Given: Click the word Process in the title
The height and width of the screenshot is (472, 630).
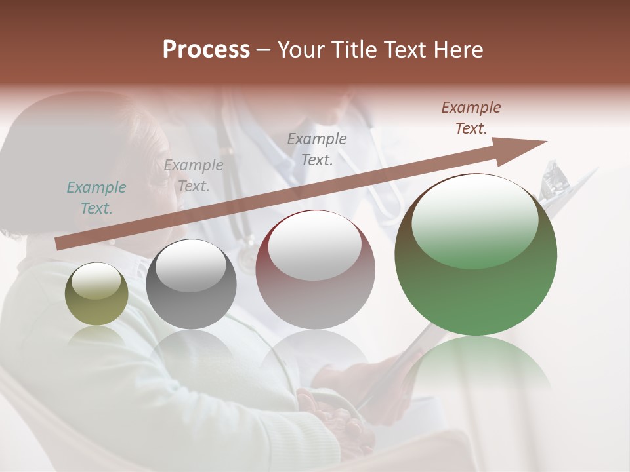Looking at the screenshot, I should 206,50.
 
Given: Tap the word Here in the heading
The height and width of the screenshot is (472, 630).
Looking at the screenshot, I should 457,50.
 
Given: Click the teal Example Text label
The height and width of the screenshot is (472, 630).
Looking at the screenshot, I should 96,198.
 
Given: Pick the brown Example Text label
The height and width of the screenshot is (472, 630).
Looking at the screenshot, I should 471,118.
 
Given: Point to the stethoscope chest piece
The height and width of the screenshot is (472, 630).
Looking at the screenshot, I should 247,260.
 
